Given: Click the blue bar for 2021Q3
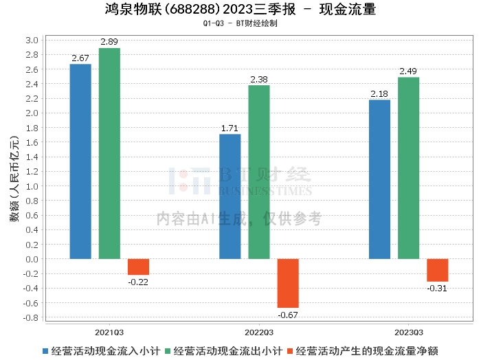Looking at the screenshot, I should pyautogui.click(x=80, y=161).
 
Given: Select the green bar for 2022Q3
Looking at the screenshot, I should pyautogui.click(x=259, y=172).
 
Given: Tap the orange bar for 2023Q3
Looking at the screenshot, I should pyautogui.click(x=437, y=270).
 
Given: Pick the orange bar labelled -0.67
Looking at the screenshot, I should pyautogui.click(x=288, y=283).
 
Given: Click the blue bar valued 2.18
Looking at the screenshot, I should pyautogui.click(x=379, y=179).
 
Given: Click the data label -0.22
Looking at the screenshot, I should pyautogui.click(x=138, y=282).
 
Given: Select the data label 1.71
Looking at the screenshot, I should pyautogui.click(x=230, y=128).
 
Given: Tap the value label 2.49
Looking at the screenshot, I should pyautogui.click(x=408, y=71).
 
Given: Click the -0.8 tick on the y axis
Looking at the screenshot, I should pyautogui.click(x=31, y=318).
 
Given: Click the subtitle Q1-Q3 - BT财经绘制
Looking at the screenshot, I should pyautogui.click(x=240, y=23).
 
